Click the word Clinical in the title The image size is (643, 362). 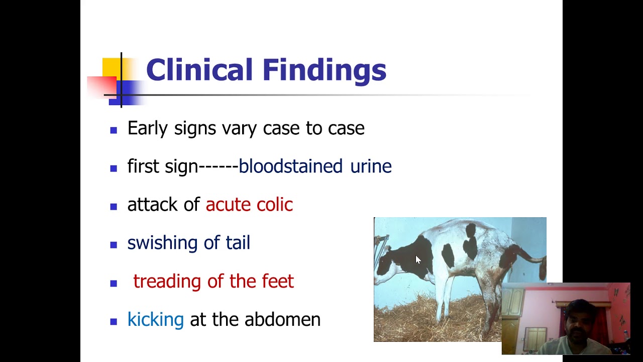(199, 70)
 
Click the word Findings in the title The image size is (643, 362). (324, 71)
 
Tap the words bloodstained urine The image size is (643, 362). (314, 166)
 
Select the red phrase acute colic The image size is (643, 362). (249, 205)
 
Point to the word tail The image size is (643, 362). (238, 243)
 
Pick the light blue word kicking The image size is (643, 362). (155, 320)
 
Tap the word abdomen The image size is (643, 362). (282, 319)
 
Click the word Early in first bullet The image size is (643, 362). (147, 128)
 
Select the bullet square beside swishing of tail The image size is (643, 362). (114, 245)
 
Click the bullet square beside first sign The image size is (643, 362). (114, 168)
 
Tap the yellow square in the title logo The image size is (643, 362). (111, 67)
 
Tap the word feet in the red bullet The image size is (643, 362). (278, 281)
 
